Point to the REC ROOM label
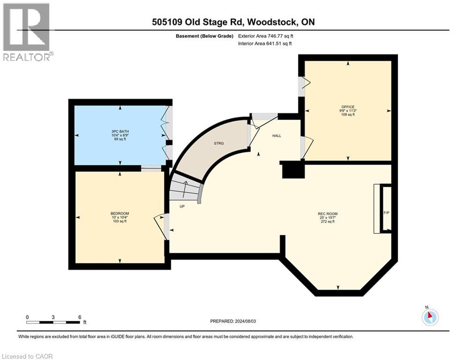pos(328,214)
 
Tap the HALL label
pos(277,136)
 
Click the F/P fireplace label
pos(386,213)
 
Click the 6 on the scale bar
pos(79,317)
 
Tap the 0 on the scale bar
pos(27,317)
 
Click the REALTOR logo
pos(27,32)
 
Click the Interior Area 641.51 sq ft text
pos(265,44)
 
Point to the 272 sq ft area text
pos(327,222)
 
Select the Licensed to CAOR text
pos(28,356)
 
